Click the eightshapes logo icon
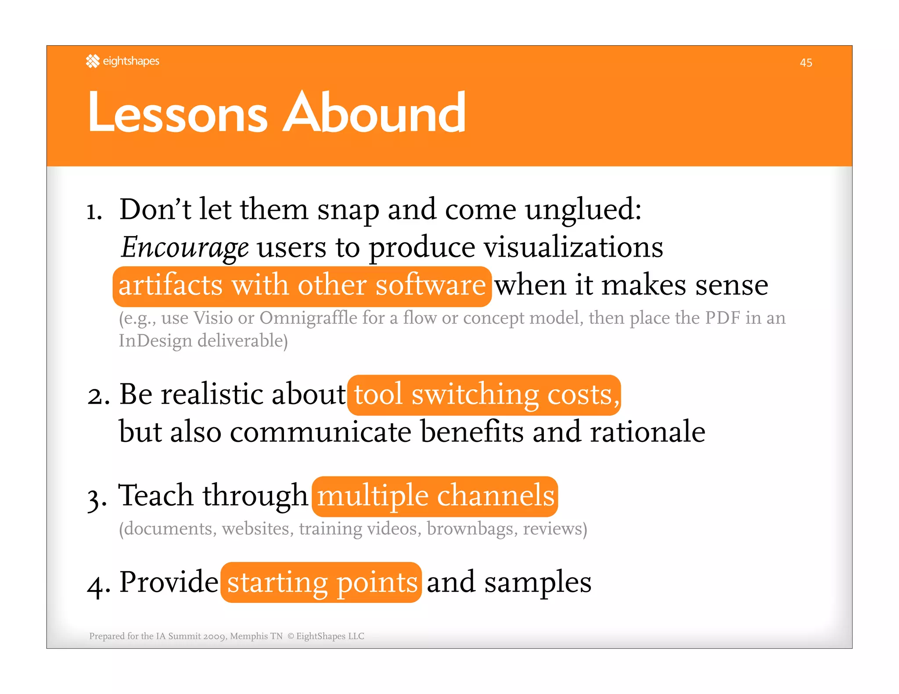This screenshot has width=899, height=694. coord(93,61)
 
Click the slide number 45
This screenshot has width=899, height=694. coord(806,63)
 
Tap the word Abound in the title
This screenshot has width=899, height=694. coord(374,113)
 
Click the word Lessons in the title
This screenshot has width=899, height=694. coord(177,113)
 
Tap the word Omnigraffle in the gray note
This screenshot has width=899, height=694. coord(308,318)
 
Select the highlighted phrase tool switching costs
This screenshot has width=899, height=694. coord(484,395)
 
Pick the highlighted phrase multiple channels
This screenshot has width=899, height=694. coord(435,496)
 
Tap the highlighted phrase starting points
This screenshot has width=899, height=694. coord(321,583)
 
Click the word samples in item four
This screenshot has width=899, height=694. coord(538,583)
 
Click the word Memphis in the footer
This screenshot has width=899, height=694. coord(249,636)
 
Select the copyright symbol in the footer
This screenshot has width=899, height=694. coord(290,636)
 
